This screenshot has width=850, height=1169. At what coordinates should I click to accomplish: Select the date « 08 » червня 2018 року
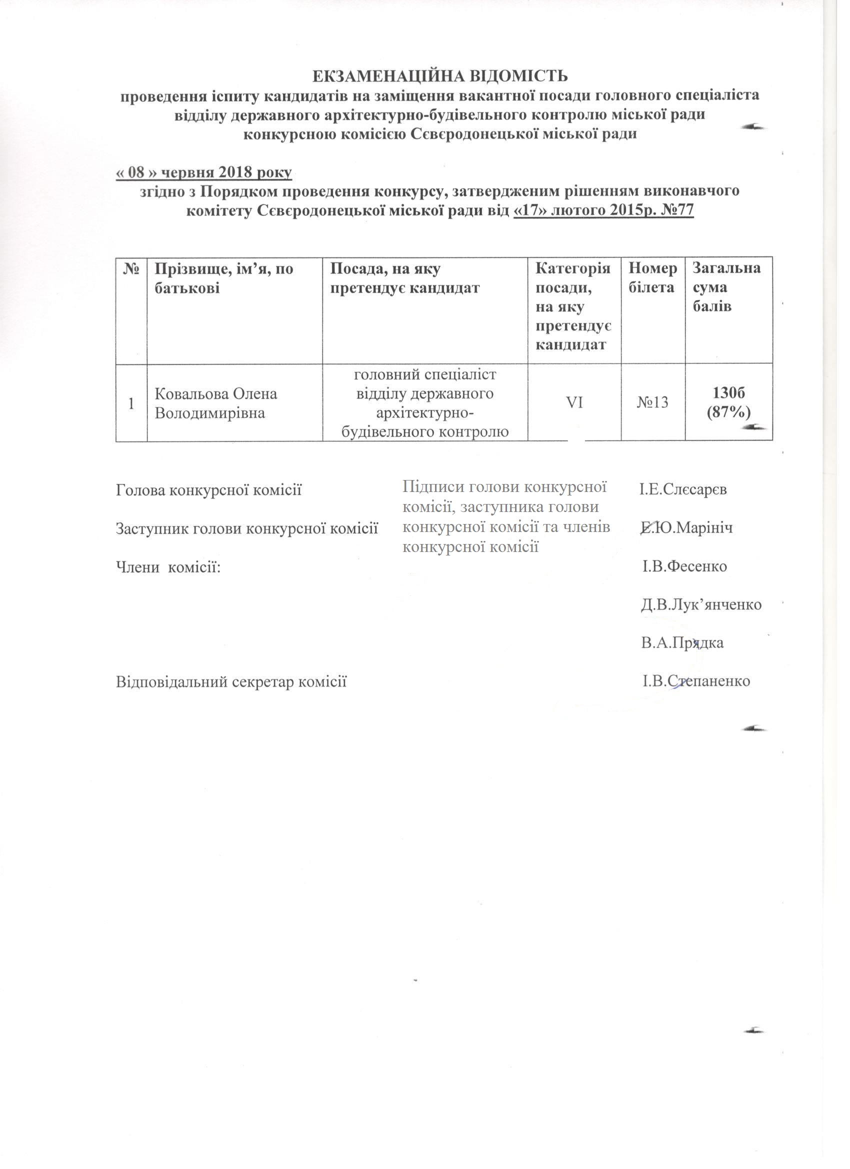pyautogui.click(x=203, y=172)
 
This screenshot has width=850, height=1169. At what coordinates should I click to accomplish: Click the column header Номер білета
pyautogui.click(x=652, y=278)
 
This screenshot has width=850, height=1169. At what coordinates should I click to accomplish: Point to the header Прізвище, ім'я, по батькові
pyautogui.click(x=224, y=278)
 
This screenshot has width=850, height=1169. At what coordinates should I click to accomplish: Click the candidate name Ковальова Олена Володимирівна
pyautogui.click(x=216, y=403)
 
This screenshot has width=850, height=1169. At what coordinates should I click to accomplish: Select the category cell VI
pyautogui.click(x=574, y=402)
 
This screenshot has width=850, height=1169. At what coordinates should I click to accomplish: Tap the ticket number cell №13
pyautogui.click(x=652, y=402)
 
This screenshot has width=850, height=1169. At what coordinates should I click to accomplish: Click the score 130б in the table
pyautogui.click(x=728, y=393)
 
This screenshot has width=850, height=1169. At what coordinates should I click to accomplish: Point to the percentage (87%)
pyautogui.click(x=728, y=412)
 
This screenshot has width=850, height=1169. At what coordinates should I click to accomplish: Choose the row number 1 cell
pyautogui.click(x=131, y=403)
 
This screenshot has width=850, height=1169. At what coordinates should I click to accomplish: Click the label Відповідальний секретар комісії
pyautogui.click(x=231, y=682)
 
